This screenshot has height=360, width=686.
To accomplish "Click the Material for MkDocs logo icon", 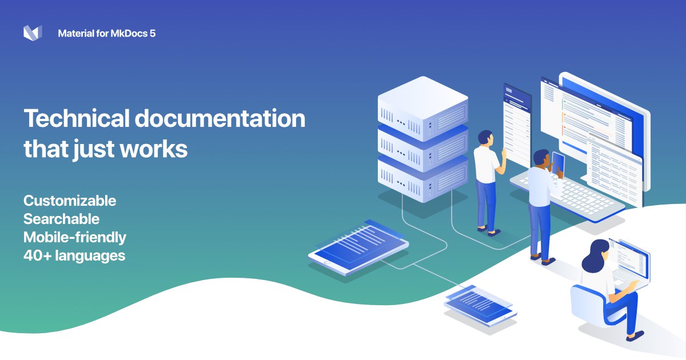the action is pos(33,33).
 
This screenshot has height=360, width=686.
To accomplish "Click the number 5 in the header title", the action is pos(153,33).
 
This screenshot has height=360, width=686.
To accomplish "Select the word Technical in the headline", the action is pos(77,118).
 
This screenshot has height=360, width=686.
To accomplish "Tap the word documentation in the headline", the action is pos(220,118).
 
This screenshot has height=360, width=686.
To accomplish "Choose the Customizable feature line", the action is pos(70,201).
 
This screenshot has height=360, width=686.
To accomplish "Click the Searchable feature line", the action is pos(62,219).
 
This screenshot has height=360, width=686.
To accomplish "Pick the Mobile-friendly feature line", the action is pos(75,237).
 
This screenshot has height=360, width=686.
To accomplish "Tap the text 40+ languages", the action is pos(74,255).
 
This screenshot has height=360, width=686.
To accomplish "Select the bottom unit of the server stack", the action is pos(422,181).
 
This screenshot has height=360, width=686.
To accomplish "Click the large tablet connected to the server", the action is pos(358,247).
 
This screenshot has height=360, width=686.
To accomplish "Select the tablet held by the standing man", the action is pos(558,164).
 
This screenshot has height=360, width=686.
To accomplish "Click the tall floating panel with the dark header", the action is pos(517,126).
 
